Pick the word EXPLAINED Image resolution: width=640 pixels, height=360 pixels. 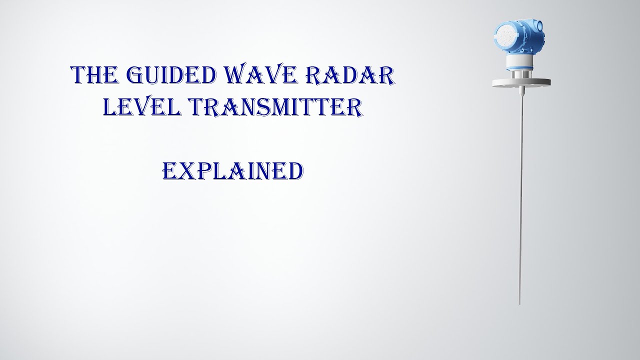[x=233, y=171]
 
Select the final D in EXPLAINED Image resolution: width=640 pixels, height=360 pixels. [x=295, y=171]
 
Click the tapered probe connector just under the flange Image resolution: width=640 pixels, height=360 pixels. [x=520, y=91]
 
